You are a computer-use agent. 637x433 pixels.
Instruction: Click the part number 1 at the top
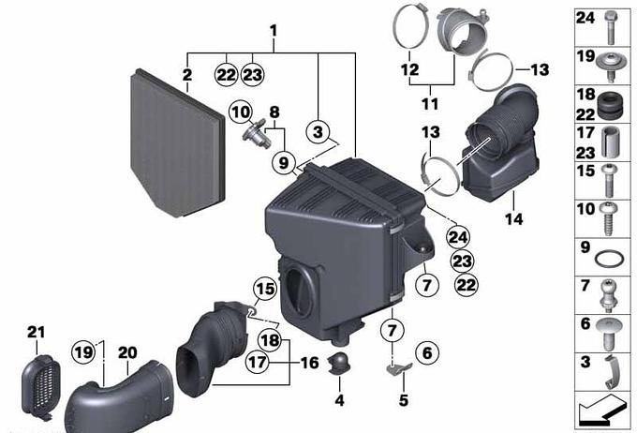tap(274, 31)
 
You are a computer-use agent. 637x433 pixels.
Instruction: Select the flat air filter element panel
tap(178, 142)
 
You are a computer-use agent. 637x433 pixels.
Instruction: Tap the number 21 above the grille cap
tap(36, 332)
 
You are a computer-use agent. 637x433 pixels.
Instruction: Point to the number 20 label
tap(127, 352)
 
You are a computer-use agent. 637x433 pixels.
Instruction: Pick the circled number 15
tap(265, 289)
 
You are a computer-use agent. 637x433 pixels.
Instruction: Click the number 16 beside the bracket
tap(310, 363)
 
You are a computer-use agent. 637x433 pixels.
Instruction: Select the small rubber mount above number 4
tap(339, 363)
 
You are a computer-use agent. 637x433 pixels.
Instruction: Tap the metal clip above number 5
tap(398, 368)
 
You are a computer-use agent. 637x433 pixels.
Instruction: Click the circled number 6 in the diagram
tap(427, 353)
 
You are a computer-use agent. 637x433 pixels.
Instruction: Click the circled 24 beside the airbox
tap(458, 237)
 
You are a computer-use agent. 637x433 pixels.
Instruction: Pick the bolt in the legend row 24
tap(610, 27)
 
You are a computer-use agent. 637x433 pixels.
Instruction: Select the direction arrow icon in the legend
tap(601, 410)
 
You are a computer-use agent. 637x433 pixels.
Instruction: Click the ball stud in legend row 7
tap(608, 295)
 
